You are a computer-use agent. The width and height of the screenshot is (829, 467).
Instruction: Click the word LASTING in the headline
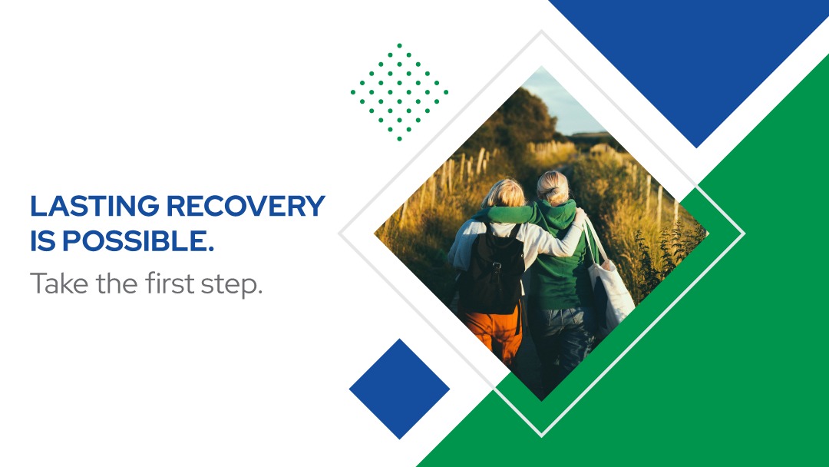pos(94,206)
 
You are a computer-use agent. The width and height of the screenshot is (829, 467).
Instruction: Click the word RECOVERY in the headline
pos(246,206)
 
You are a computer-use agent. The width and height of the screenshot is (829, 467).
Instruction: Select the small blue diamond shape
pos(400,389)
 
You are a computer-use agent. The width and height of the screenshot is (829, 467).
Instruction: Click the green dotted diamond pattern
pos(399,92)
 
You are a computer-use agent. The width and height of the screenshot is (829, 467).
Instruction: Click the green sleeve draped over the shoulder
pos(510,214)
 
